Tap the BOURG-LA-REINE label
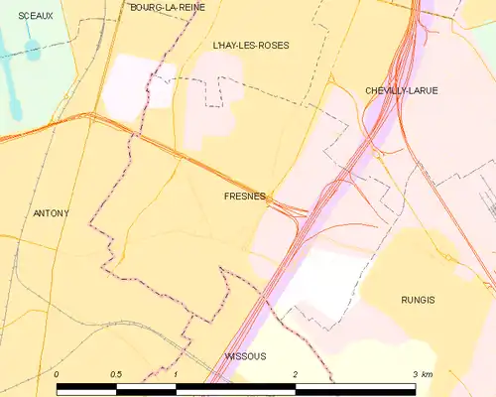tap(168, 7)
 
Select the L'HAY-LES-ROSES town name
tap(251, 46)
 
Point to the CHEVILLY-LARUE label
tap(401, 90)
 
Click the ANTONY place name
tap(52, 213)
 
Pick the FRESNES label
tap(243, 197)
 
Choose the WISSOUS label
tap(245, 355)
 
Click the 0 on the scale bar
tap(58, 374)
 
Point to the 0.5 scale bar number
tap(116, 374)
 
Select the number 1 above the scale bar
tap(176, 374)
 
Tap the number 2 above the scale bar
tap(296, 374)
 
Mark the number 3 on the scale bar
tap(415, 374)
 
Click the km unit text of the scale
tap(427, 374)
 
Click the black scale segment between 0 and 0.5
tap(87, 387)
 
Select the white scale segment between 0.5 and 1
tap(147, 387)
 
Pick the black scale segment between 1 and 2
tap(236, 387)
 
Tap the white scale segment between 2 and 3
tap(355, 387)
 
